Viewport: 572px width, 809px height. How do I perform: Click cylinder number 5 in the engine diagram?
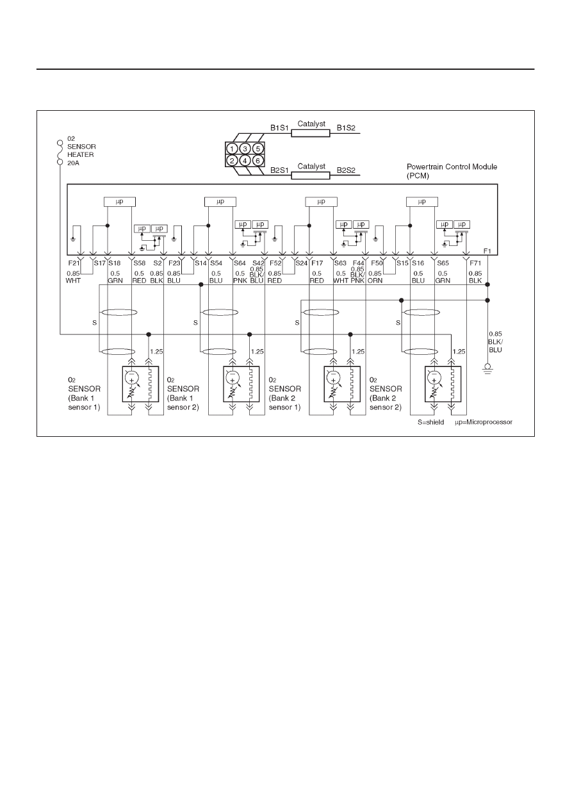pos(257,149)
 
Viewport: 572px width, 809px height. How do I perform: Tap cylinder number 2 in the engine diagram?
pos(232,160)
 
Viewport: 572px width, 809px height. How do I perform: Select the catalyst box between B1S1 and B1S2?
pos(311,134)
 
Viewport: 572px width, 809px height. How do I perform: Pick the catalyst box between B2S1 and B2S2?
pos(311,176)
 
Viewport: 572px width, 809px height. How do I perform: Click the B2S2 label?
pos(346,170)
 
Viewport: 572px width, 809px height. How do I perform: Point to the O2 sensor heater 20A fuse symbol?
pos(60,152)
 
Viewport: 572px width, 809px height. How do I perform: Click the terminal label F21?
pos(73,263)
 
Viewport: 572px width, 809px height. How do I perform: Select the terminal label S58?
pos(140,263)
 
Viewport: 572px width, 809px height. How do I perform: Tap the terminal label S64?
pos(240,263)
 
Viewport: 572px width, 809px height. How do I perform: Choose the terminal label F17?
pos(317,263)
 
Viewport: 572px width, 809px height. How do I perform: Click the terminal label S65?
pos(443,263)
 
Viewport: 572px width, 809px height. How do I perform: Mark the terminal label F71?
pos(475,263)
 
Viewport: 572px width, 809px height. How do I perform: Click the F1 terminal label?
pos(487,251)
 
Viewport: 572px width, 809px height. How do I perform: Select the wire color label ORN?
pos(375,281)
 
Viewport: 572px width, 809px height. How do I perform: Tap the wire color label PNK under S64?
pos(240,281)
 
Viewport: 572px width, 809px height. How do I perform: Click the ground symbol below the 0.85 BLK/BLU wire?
pos(487,368)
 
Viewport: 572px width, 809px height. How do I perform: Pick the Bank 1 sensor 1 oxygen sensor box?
pos(140,384)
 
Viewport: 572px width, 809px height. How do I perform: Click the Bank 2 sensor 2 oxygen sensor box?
pos(443,384)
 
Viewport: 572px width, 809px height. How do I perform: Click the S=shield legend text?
pos(431,422)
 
